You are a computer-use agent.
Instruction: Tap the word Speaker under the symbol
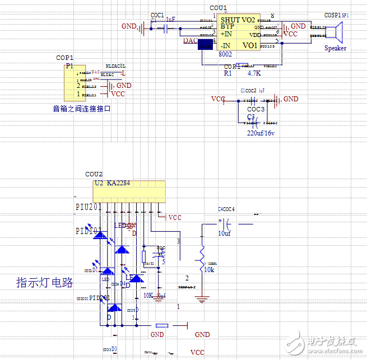(x=335, y=48)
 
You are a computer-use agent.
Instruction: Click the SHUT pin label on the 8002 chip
(x=230, y=20)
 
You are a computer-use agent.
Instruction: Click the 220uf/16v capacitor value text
(x=262, y=133)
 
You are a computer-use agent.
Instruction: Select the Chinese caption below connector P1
(x=82, y=109)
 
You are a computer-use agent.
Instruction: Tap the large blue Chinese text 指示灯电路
(x=45, y=282)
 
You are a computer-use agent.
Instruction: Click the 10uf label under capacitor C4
(x=224, y=233)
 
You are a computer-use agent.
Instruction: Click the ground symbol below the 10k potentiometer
(x=202, y=299)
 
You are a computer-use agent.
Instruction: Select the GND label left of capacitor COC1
(x=129, y=26)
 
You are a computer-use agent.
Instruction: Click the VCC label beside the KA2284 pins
(x=175, y=217)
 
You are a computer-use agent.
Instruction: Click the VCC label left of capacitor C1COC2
(x=218, y=99)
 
